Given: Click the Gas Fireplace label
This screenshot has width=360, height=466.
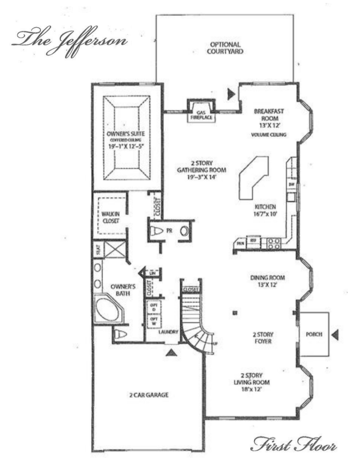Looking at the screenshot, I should point(201,114).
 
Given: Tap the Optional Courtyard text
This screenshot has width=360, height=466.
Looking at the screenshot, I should point(224,48).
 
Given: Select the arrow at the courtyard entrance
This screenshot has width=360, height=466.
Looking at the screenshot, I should point(231,94).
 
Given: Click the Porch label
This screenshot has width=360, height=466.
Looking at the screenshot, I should point(314,334).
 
